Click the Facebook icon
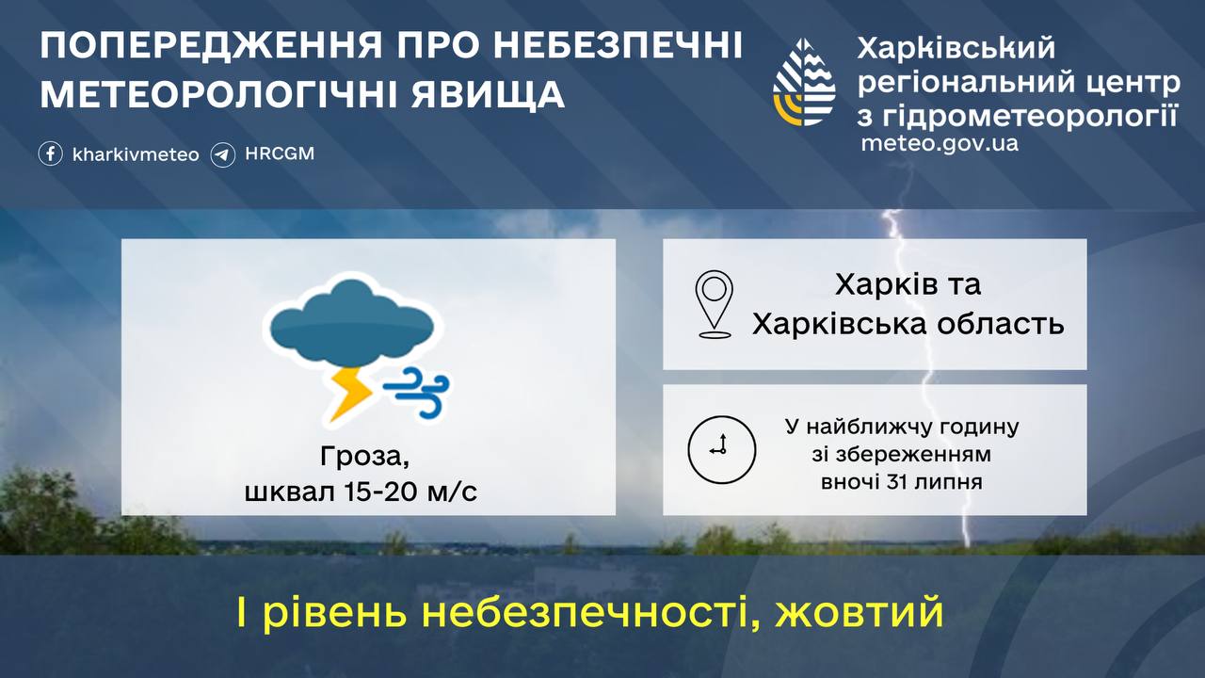click(x=51, y=153)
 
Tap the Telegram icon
click(x=223, y=155)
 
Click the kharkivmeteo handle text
click(x=136, y=154)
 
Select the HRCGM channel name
click(x=280, y=153)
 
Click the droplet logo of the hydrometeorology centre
click(x=804, y=82)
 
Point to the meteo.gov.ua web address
click(x=940, y=143)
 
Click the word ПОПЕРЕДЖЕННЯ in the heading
click(x=211, y=46)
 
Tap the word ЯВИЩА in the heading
click(x=488, y=95)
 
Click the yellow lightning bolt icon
click(x=351, y=394)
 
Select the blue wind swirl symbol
click(x=417, y=393)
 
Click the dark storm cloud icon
click(x=351, y=322)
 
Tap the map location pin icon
click(x=714, y=304)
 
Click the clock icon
click(x=722, y=449)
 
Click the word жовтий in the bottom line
click(x=860, y=612)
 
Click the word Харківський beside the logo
click(x=956, y=47)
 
